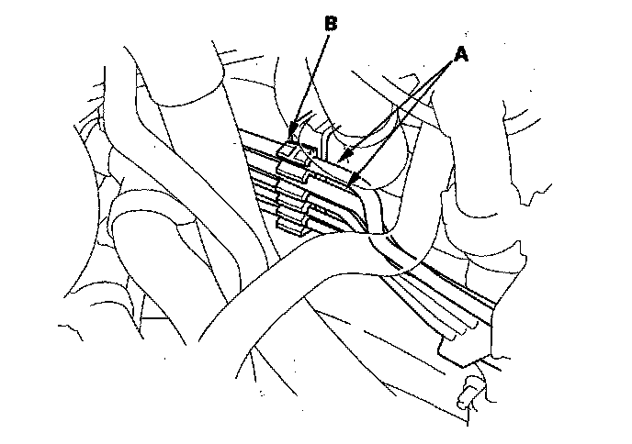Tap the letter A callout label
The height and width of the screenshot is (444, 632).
point(461,54)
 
